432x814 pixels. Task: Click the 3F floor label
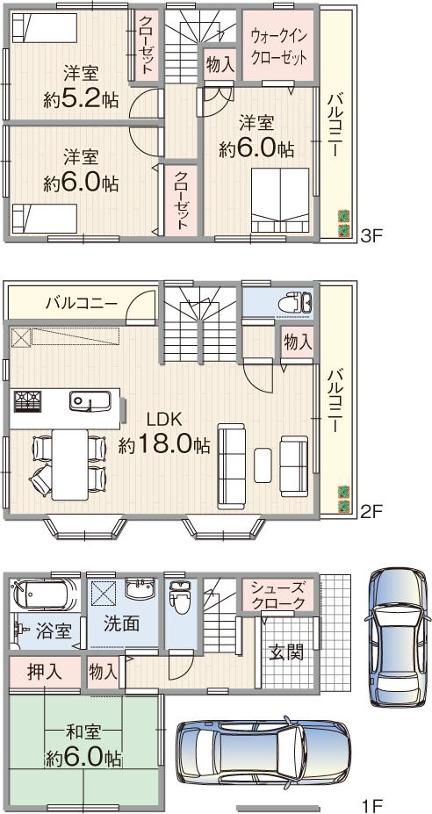[x=372, y=234]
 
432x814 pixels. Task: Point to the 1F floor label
[x=372, y=803]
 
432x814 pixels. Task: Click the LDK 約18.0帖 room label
[x=164, y=433]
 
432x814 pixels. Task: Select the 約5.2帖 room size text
[x=80, y=99]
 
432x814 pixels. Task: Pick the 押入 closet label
[x=44, y=673]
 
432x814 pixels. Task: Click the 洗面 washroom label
[x=121, y=625]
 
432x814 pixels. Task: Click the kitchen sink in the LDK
[x=89, y=402]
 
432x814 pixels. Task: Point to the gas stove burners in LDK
[x=27, y=402]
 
